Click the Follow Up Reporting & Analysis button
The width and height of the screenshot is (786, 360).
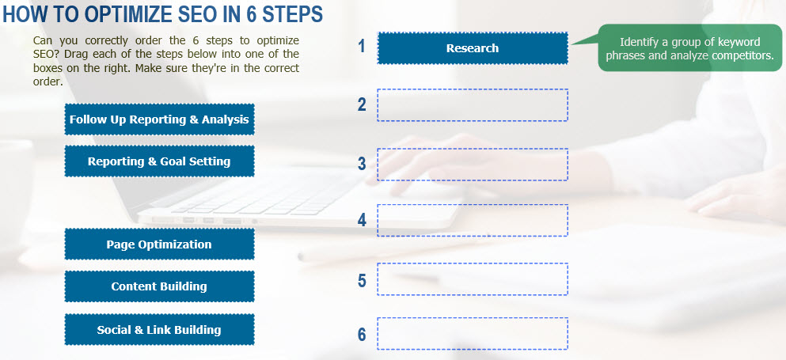159,119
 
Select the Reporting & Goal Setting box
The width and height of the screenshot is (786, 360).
159,161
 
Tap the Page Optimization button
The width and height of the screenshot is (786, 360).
159,244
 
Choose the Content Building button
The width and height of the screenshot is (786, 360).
159,286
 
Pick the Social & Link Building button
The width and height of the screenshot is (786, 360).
159,329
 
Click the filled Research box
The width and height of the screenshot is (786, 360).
473,48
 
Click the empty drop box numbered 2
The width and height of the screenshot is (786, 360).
473,104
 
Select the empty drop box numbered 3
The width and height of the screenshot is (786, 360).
473,165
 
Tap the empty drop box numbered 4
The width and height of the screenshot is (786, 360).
473,220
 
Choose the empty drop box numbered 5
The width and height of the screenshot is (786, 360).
473,279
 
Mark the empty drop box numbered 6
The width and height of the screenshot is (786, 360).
473,333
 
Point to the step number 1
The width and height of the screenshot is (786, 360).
362,46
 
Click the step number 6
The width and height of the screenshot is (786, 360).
362,335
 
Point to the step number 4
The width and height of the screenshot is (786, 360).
362,220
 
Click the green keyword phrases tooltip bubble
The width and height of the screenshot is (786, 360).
689,48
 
